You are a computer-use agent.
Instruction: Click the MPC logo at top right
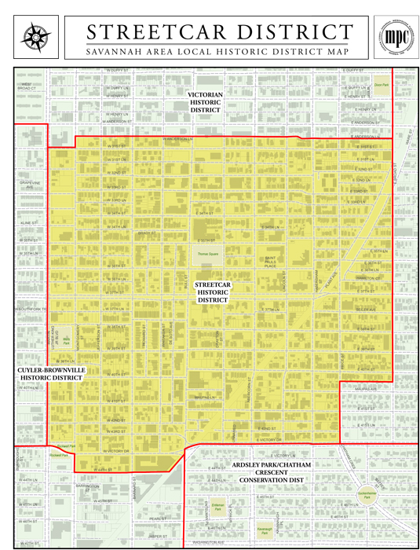pos(390,37)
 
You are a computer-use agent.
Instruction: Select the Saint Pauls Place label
pos(270,262)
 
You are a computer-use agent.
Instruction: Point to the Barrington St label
pos(89,486)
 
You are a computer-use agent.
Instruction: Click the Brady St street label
pos(147,233)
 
